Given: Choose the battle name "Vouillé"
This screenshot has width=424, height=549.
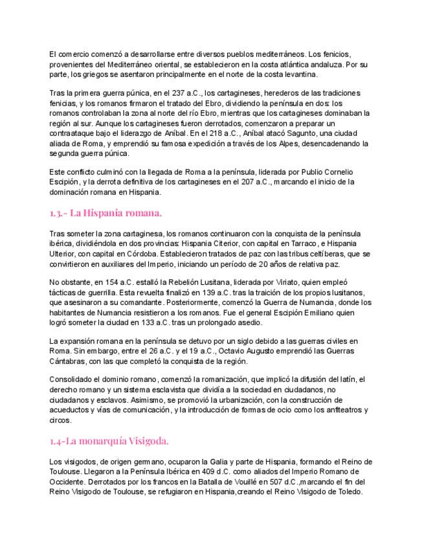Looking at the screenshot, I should [x=255, y=482].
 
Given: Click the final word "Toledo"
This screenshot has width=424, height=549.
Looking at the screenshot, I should [x=348, y=493].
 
